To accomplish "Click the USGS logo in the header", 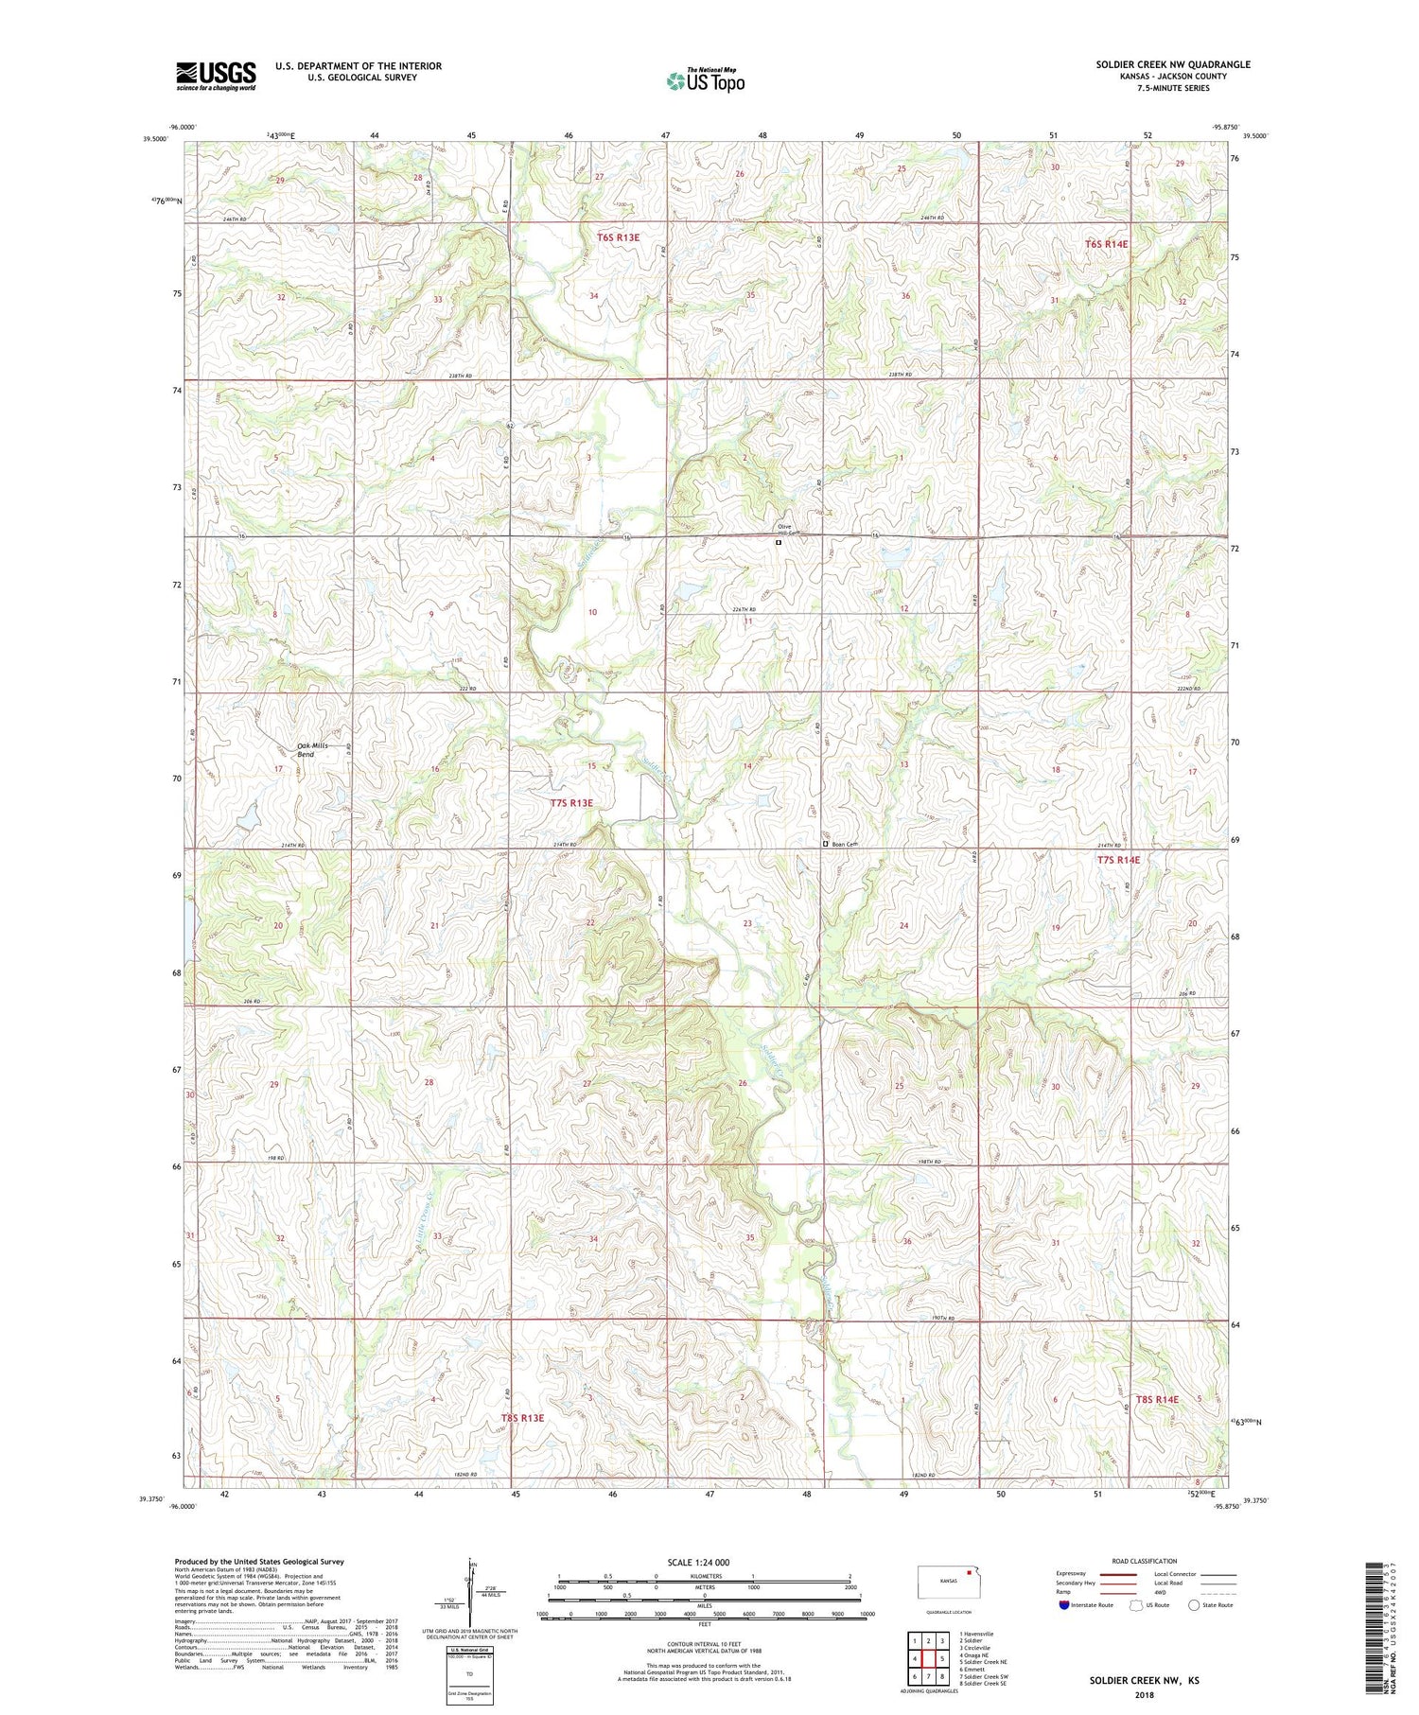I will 216,76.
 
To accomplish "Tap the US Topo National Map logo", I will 705,80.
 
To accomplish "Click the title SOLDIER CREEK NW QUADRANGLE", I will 1172,64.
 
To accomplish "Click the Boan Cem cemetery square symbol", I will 825,843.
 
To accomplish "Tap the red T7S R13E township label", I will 571,803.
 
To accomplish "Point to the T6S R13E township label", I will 618,237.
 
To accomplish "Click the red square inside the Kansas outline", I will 969,1575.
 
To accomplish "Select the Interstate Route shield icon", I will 1064,1605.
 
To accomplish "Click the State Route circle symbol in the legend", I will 1195,1605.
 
